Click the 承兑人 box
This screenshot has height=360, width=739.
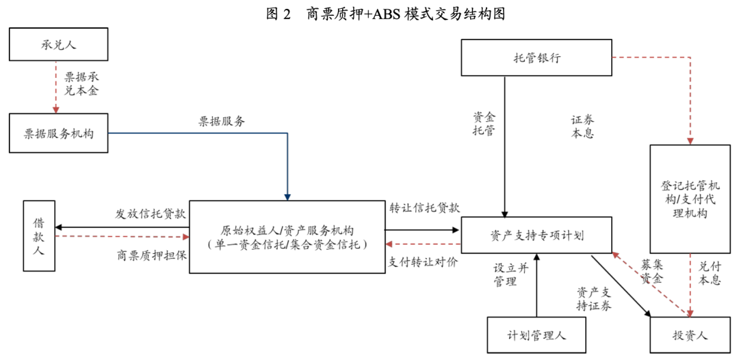(58, 45)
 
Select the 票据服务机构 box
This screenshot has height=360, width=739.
(58, 133)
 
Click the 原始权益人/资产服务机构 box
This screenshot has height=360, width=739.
(287, 237)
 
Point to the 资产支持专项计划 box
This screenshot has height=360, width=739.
(536, 236)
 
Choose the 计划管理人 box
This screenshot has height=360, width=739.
(536, 335)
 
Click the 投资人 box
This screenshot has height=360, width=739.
(689, 335)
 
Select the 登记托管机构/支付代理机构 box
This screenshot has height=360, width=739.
(689, 199)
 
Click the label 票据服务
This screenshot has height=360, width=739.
(222, 122)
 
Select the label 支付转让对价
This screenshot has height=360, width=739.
(424, 261)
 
